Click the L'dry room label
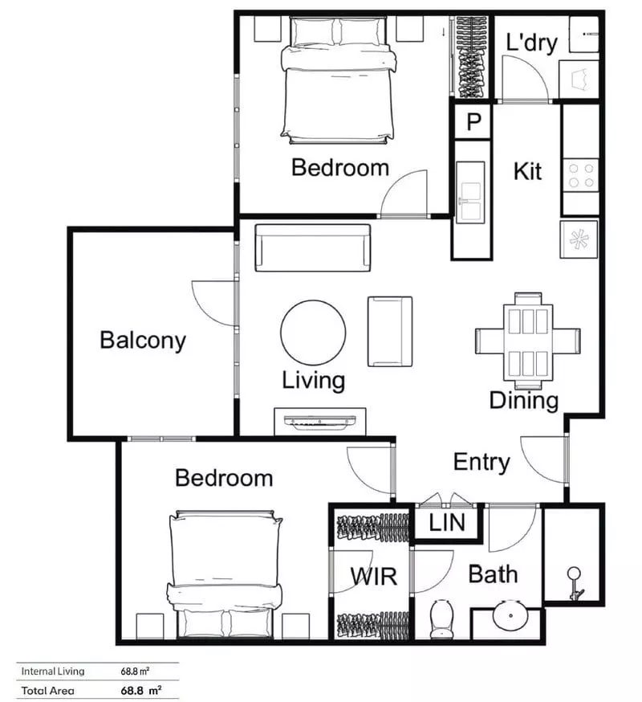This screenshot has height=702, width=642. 530,43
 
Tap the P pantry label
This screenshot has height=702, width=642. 473,123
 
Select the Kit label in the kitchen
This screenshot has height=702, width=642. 527,171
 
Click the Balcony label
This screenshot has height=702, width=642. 142,341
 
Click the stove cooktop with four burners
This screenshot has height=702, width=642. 581,176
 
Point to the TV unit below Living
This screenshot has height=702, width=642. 321,420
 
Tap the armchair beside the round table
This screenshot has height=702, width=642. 390,331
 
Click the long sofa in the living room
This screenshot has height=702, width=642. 313,248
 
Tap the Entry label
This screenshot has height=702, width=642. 481,463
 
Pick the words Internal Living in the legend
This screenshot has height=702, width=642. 49,671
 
